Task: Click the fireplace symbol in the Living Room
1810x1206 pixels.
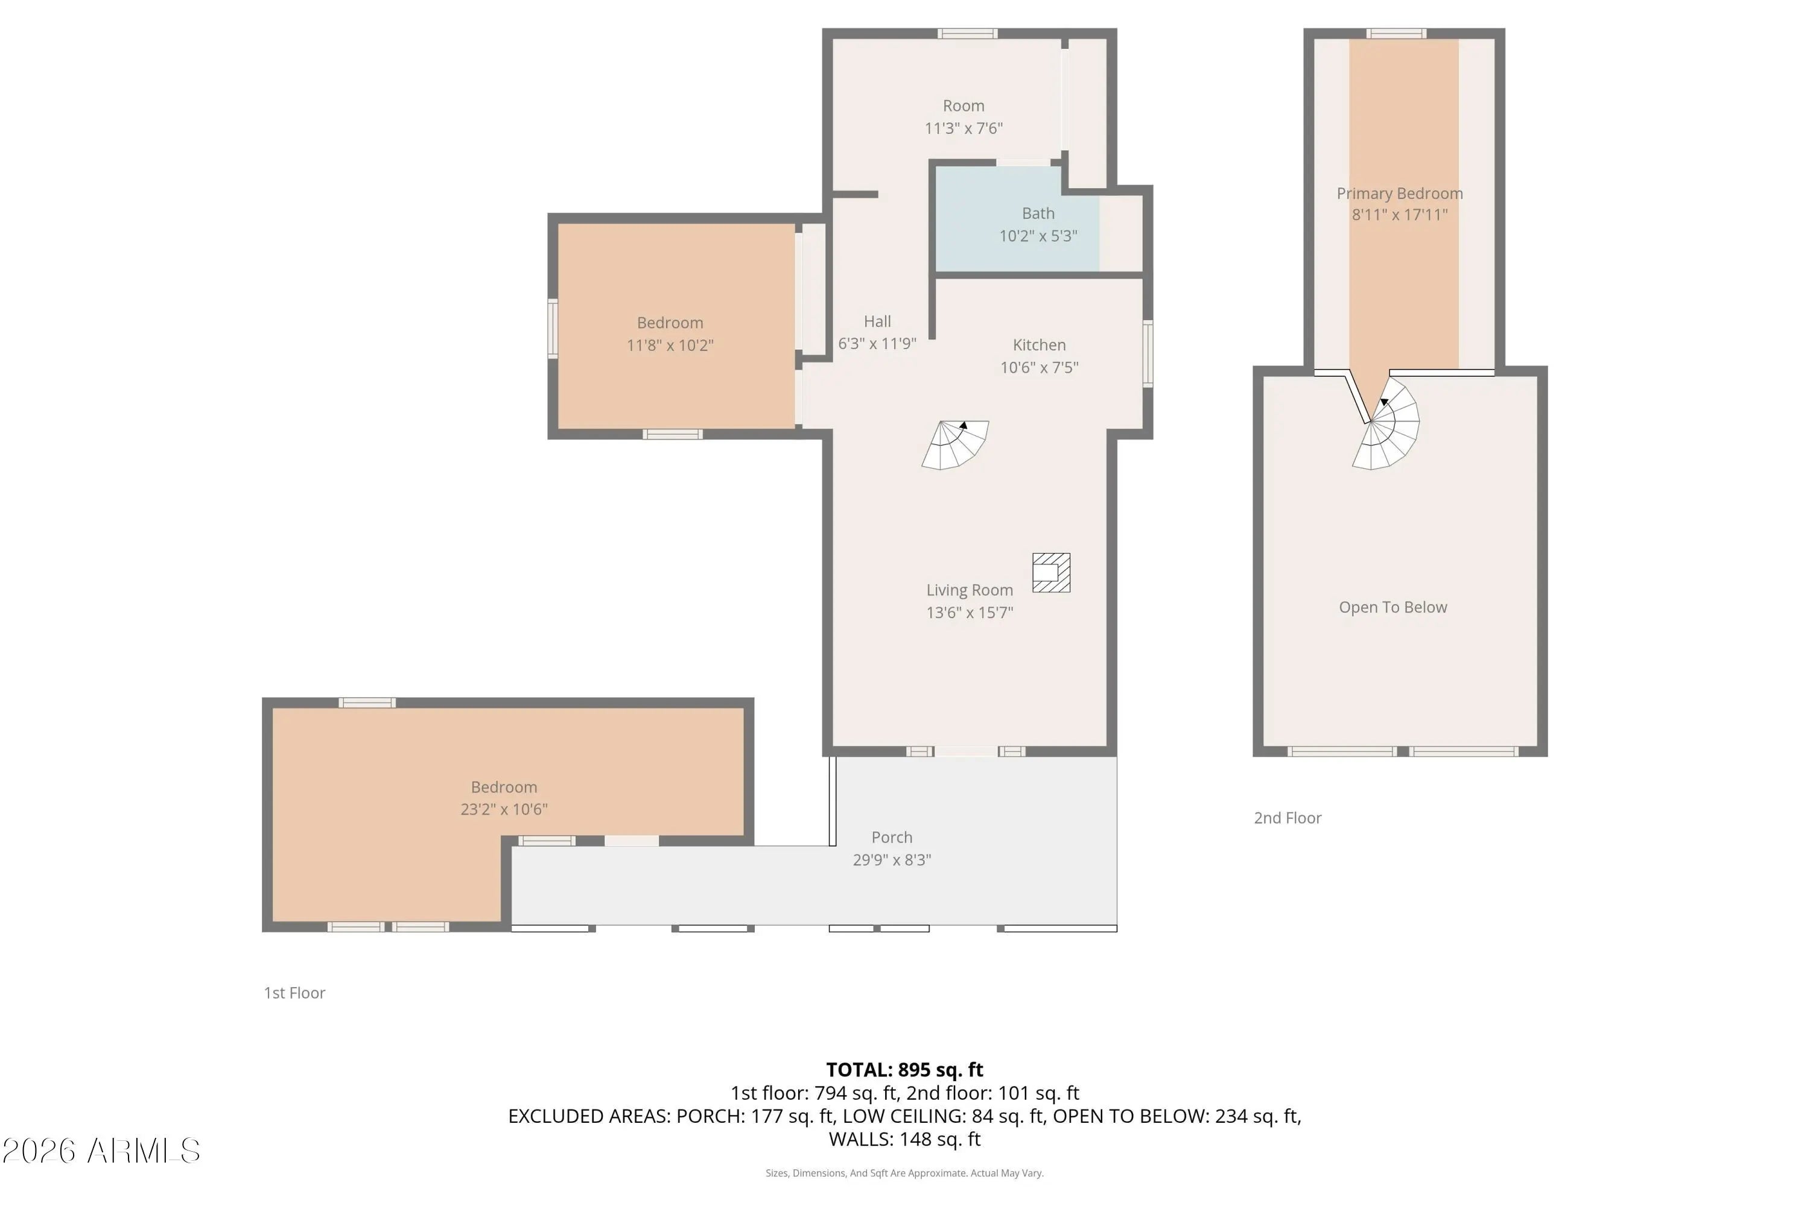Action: (1051, 573)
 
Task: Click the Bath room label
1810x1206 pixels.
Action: (1038, 213)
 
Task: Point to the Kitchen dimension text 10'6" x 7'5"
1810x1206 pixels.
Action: (1039, 368)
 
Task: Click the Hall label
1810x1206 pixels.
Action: (877, 321)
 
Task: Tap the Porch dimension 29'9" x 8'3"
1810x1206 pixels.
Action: (892, 860)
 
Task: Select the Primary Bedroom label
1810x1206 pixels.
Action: (1400, 193)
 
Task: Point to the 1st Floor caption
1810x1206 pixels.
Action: (295, 993)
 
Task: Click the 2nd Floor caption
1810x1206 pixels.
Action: (1288, 818)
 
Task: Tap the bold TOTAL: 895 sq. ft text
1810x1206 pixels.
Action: (904, 1070)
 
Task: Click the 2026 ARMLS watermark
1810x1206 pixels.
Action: (101, 1151)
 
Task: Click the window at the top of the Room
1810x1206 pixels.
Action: (967, 33)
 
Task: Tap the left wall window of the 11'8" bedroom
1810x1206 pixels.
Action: (553, 329)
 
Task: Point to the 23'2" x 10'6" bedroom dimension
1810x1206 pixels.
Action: (504, 809)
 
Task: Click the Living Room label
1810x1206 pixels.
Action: (970, 590)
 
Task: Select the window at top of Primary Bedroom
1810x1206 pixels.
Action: (1396, 33)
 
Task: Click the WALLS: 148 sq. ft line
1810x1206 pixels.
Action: (904, 1139)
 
